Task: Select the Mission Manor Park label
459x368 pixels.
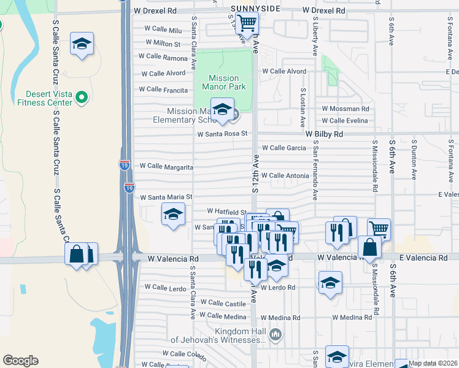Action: (223, 82)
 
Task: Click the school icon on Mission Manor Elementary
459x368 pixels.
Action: (222, 110)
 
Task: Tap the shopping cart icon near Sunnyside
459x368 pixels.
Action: (247, 23)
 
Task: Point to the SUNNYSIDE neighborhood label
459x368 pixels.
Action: (256, 8)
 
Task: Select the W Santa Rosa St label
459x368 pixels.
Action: (222, 133)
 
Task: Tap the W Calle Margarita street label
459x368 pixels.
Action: (167, 166)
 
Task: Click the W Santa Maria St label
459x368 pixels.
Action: (166, 197)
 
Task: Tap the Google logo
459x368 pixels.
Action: (20, 361)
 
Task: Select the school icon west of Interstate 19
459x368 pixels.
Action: (82, 44)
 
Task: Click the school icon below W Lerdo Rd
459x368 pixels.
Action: (330, 283)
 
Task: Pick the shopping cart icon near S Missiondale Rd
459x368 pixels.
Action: (379, 229)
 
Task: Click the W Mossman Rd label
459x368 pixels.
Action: (345, 109)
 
